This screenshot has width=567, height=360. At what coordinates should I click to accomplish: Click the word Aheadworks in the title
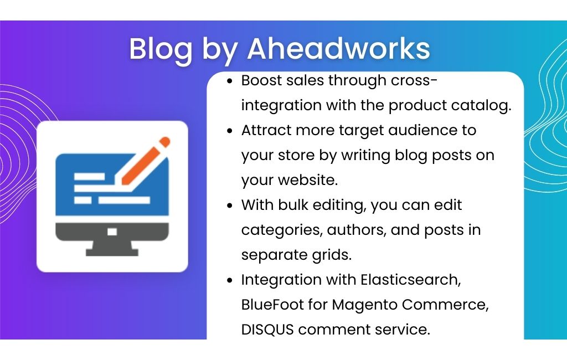[x=339, y=48]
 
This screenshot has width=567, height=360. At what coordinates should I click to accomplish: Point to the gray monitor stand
[x=112, y=248]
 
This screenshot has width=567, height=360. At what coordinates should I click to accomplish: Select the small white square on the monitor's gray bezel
[x=112, y=232]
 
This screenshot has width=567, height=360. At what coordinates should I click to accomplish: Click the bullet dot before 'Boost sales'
[x=230, y=81]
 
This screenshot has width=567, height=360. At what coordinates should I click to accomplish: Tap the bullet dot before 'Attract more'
[x=230, y=131]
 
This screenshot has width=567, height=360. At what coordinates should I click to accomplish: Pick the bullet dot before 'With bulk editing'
[x=230, y=205]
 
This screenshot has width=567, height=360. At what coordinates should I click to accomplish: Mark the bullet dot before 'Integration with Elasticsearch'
[x=230, y=280]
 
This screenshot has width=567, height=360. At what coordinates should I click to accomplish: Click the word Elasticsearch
[x=410, y=280]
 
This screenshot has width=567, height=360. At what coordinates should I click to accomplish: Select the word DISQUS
[x=267, y=330]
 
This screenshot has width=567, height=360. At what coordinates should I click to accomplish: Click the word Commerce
[x=445, y=305]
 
